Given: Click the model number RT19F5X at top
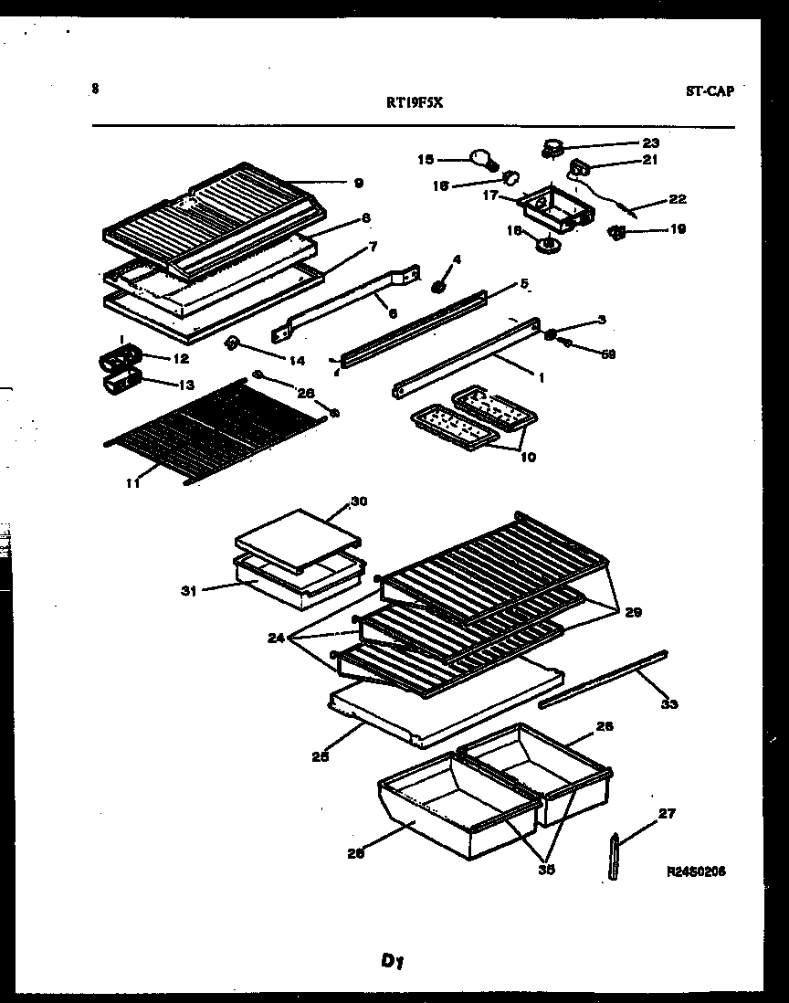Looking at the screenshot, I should pyautogui.click(x=414, y=103).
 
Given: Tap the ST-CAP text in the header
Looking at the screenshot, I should pyautogui.click(x=709, y=90).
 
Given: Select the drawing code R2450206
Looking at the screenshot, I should pyautogui.click(x=697, y=871).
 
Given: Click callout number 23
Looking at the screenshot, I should pyautogui.click(x=649, y=143).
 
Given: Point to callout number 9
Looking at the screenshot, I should pyautogui.click(x=358, y=183).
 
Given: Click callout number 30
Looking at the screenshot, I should pyautogui.click(x=358, y=501).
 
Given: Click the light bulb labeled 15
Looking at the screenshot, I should pyautogui.click(x=482, y=160).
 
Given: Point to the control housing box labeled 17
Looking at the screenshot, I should pyautogui.click(x=556, y=205).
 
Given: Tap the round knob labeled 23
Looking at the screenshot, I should pyautogui.click(x=553, y=143).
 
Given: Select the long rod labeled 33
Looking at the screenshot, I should pyautogui.click(x=604, y=678).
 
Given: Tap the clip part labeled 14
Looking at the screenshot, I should pyautogui.click(x=232, y=343).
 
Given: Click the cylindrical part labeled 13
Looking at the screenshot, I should pyautogui.click(x=119, y=383).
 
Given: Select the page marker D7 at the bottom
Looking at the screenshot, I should pyautogui.click(x=394, y=961).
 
